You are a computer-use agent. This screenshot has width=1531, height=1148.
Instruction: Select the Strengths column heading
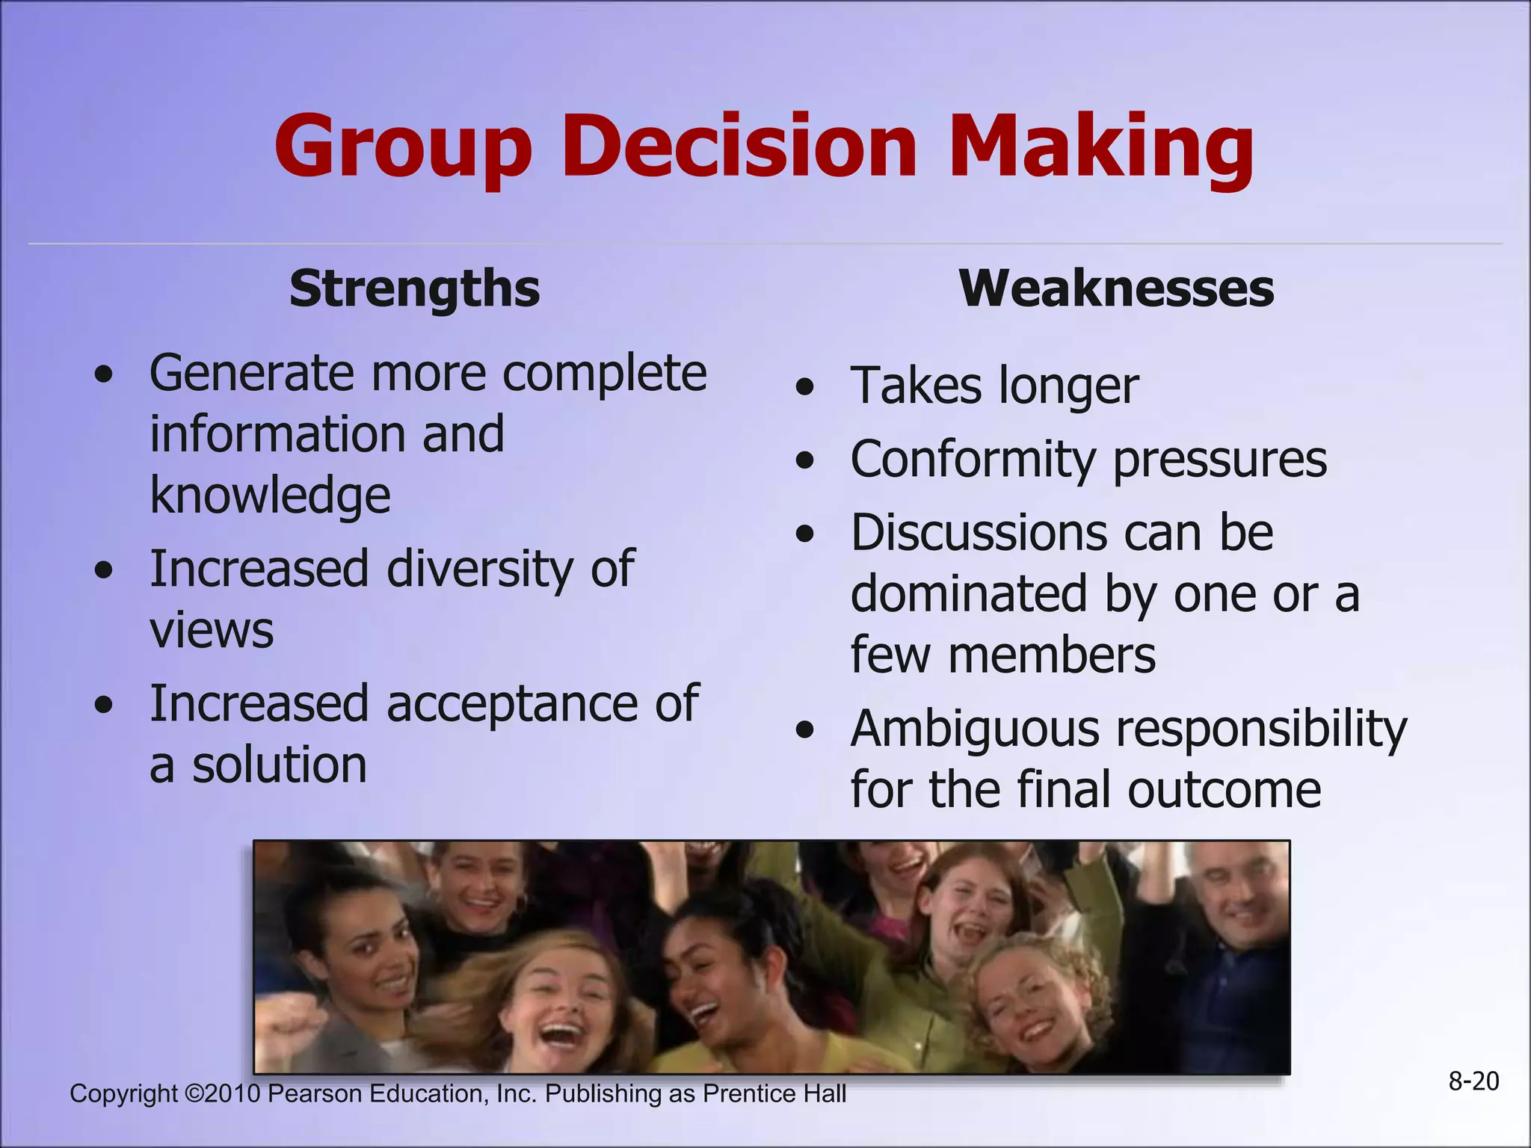[414, 288]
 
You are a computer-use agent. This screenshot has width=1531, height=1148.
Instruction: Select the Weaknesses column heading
[1116, 288]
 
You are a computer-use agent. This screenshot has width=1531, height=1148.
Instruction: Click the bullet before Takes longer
[804, 387]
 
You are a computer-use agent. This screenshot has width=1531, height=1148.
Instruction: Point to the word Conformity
[972, 459]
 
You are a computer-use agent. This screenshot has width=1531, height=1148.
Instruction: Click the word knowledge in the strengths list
[270, 496]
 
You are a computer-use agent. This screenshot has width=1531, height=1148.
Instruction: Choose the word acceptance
[511, 704]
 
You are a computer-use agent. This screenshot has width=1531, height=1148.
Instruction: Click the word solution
[280, 765]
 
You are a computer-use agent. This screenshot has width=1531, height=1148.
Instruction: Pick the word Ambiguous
[974, 729]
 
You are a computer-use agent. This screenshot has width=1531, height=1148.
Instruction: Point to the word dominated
[968, 594]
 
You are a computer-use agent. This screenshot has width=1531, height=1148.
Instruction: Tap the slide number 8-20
[1473, 1081]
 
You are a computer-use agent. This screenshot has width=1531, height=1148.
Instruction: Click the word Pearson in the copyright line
[315, 1093]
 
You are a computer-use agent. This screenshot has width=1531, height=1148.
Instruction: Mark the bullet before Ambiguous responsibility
[804, 730]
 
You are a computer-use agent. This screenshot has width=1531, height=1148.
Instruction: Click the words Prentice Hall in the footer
[774, 1093]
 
